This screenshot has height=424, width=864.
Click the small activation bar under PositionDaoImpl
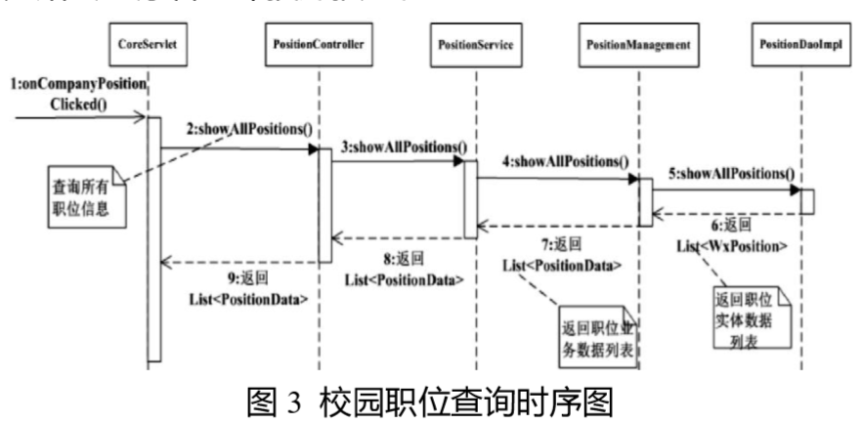coord(807,200)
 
